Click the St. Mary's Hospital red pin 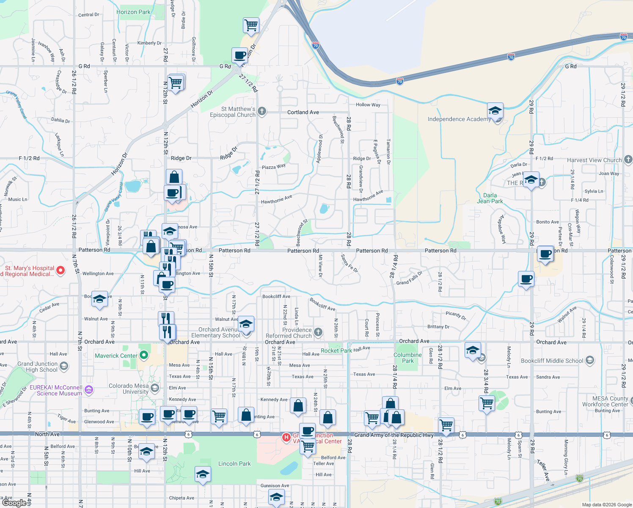(x=61, y=270)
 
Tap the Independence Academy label (x=459, y=119)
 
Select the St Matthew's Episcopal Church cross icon (x=262, y=111)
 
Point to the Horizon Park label (x=133, y=12)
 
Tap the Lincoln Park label (x=234, y=464)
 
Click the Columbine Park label (x=407, y=358)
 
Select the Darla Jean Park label (x=490, y=198)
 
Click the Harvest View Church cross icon (x=628, y=160)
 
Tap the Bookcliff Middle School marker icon (x=590, y=361)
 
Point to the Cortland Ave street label (x=303, y=112)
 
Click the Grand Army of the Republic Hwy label (x=394, y=435)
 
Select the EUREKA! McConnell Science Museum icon (x=89, y=389)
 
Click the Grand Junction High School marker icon (x=64, y=366)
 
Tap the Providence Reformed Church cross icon (x=318, y=332)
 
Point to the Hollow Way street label (x=368, y=105)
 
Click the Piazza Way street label (x=273, y=167)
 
